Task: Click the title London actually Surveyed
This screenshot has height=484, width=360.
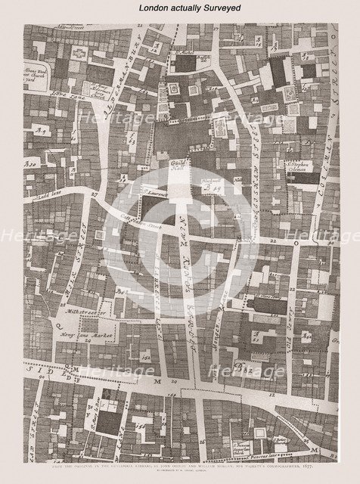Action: pos(179,8)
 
